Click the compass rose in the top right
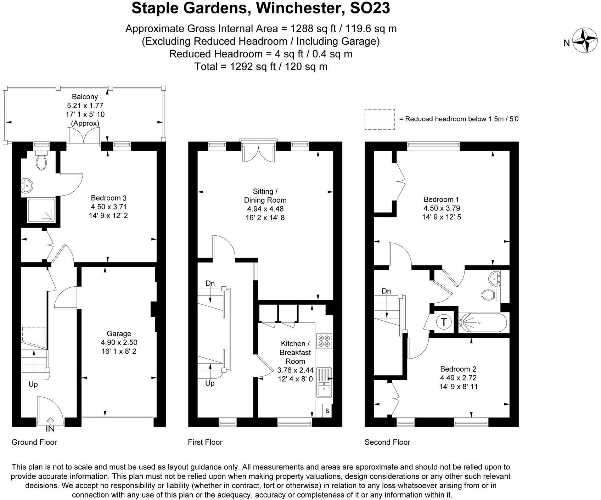click(585, 40)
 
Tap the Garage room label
click(119, 333)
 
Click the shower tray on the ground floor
click(41, 210)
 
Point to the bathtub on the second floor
click(482, 322)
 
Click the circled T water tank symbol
click(443, 322)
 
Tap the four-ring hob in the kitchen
click(324, 341)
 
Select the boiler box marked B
click(327, 411)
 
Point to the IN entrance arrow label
click(50, 429)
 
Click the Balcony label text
click(85, 96)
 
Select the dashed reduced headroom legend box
click(380, 119)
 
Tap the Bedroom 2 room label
click(457, 369)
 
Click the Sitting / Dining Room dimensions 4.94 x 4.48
click(265, 209)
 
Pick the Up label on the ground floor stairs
click(33, 384)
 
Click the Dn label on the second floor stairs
click(386, 291)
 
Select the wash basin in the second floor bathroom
click(494, 279)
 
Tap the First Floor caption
click(205, 442)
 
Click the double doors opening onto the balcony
click(83, 136)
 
